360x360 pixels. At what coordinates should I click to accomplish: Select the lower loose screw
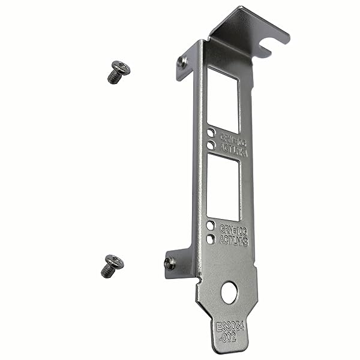pos(113,265)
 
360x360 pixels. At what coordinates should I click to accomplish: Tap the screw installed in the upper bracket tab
pos(182,61)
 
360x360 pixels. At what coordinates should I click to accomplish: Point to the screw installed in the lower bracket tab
pos(170,262)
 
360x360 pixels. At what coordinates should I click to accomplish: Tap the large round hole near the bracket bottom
pos(229,292)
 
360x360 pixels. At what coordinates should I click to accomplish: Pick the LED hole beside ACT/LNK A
pos(211,145)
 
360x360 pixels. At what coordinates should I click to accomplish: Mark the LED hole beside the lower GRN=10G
pos(211,226)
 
